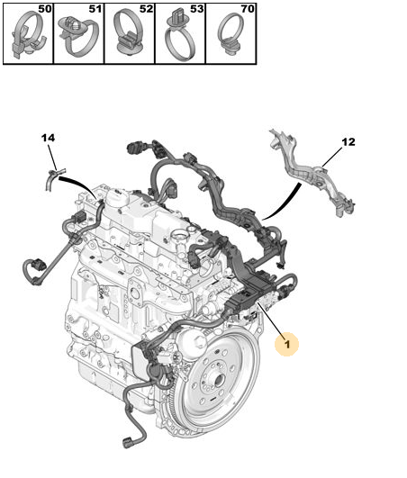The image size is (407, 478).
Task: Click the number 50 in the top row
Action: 45,9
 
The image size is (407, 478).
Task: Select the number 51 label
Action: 95,9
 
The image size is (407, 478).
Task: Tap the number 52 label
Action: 147,9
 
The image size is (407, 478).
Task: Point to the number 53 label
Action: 197,9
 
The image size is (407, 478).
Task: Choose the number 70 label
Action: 248,9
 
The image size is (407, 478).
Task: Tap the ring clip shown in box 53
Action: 179,37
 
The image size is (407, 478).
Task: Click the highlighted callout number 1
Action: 287,344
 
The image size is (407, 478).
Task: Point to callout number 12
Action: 348,142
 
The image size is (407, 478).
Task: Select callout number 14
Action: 48,138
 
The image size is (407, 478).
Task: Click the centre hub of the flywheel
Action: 219,380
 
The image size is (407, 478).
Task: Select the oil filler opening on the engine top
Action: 179,235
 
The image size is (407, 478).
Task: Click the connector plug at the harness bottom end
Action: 127,443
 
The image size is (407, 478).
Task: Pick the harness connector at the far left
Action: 38,265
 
